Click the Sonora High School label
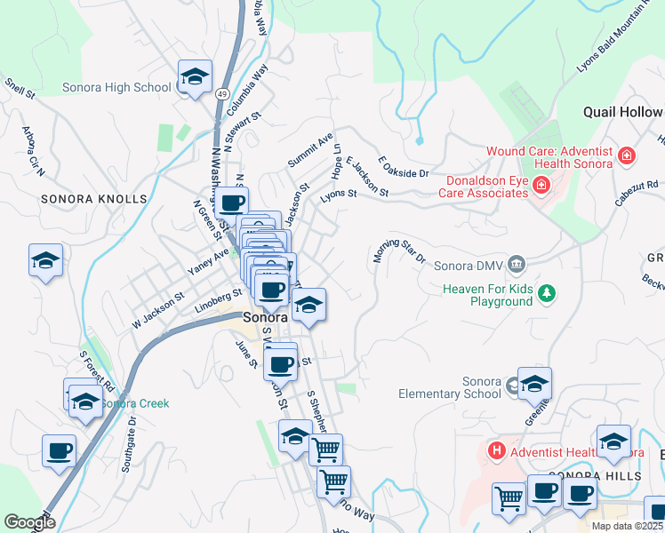coord(116,87)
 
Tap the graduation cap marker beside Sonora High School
coord(194,77)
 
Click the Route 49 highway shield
coord(221,93)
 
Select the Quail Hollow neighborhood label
coord(622,112)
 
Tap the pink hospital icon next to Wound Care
coord(627,156)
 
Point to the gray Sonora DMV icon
coord(517,265)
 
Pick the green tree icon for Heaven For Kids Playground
coord(549,292)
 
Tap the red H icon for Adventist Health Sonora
coord(496,451)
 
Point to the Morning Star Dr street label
coord(398,251)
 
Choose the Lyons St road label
coord(338,195)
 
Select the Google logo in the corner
coord(28,522)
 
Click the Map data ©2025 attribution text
coord(626,526)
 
